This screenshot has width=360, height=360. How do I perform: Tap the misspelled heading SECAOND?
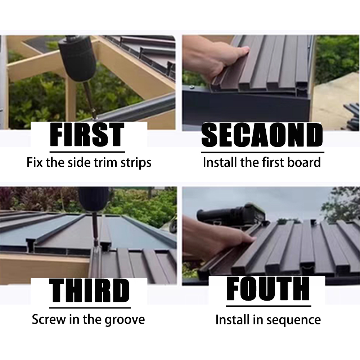(262, 135)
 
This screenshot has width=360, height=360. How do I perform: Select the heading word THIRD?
(89, 291)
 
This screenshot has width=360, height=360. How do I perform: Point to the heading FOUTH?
(268, 289)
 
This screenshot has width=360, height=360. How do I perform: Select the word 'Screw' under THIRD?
(49, 319)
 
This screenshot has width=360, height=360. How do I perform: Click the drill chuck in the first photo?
(77, 60)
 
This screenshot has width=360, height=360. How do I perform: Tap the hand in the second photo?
(218, 60)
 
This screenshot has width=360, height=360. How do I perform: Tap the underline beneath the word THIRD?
(90, 308)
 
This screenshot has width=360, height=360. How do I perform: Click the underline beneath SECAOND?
(263, 152)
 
